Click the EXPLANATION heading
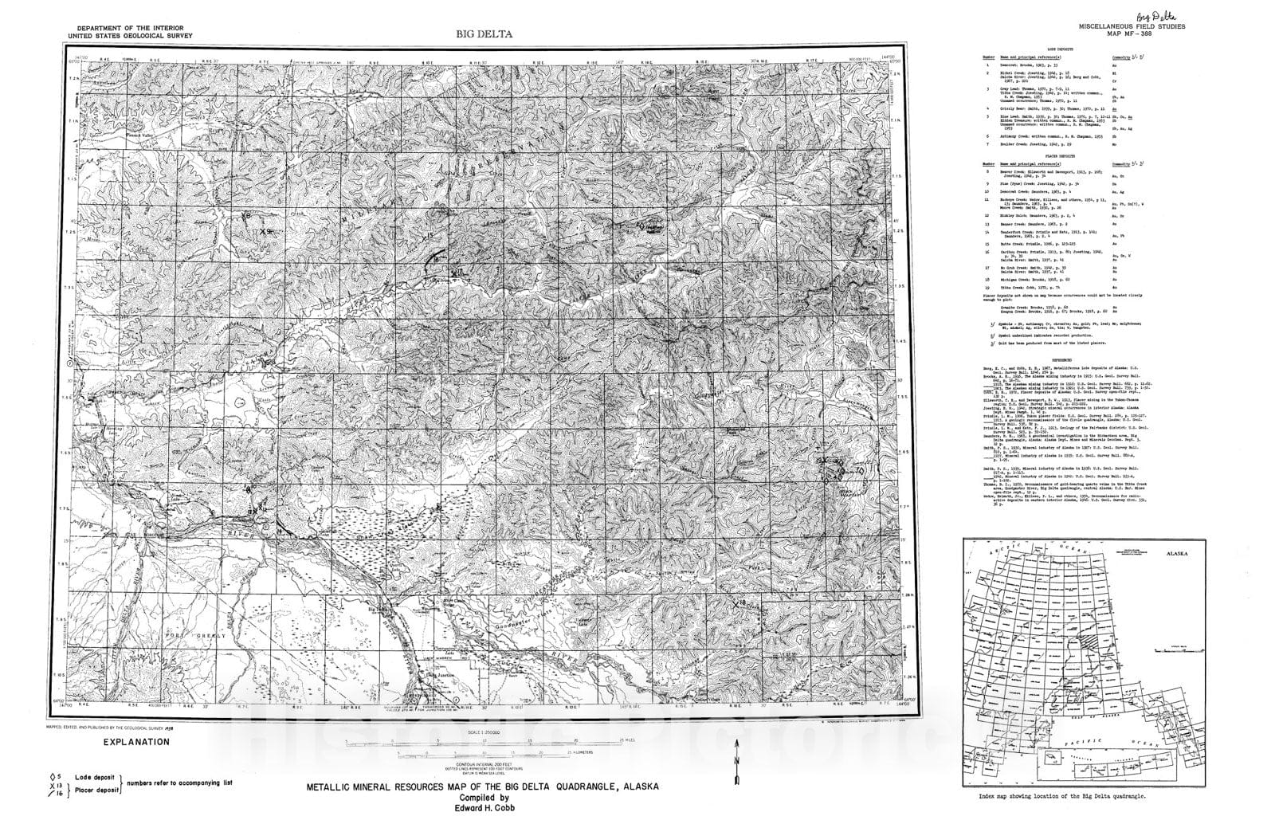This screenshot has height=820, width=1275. (x=136, y=741)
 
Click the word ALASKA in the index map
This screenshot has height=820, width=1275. (x=1175, y=551)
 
